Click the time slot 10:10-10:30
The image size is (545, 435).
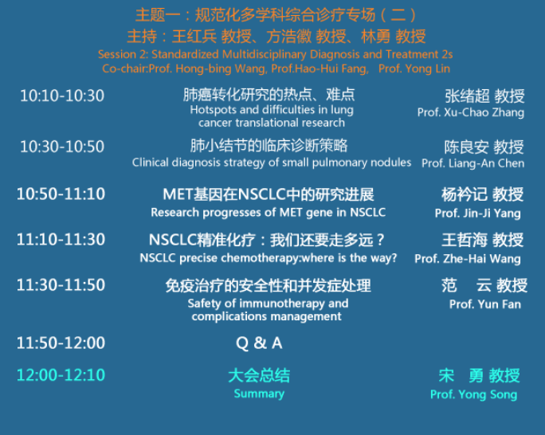[x=62, y=96]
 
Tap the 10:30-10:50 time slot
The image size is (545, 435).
[x=62, y=147]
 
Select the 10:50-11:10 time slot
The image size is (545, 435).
[x=61, y=194]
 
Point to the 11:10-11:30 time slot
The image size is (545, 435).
[x=61, y=239]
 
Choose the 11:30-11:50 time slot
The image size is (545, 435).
[x=61, y=285]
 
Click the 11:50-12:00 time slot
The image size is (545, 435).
[x=61, y=343]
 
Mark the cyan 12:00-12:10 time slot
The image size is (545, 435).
[x=61, y=375]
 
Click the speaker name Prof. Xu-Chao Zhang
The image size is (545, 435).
[x=471, y=112]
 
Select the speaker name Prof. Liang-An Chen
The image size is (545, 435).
[x=473, y=163]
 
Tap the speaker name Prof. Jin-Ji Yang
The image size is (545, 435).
[x=478, y=214]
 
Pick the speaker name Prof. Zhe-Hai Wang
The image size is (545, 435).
[x=468, y=259]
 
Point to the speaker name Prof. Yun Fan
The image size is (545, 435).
[x=485, y=304]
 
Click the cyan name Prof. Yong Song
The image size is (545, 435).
[x=474, y=394]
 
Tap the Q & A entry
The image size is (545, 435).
[x=259, y=343]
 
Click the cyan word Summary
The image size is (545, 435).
[x=259, y=394]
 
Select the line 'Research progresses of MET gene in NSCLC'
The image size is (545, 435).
[x=268, y=212]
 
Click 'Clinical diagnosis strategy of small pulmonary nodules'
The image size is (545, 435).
[x=272, y=163]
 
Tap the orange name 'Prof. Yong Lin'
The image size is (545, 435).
[x=414, y=69]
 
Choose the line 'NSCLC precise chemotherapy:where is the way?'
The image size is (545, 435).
[x=268, y=258]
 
